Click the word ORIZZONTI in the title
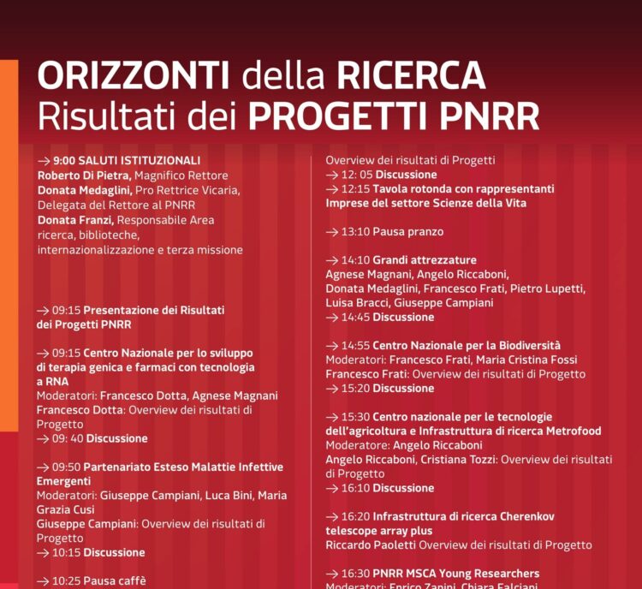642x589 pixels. (133, 77)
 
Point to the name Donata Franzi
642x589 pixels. (75, 220)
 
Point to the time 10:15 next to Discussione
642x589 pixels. (66, 552)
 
